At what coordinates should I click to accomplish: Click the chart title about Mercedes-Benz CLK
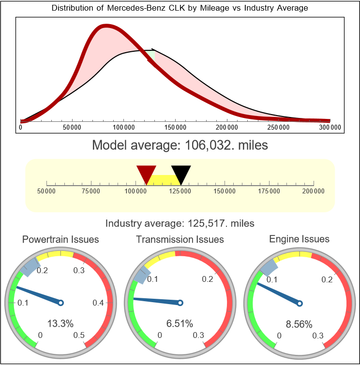click(180, 8)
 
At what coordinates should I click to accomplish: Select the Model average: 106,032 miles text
click(180, 145)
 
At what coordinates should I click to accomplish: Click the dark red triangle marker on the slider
click(146, 174)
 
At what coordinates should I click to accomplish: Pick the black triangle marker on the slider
click(181, 174)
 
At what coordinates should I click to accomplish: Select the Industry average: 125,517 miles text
click(180, 223)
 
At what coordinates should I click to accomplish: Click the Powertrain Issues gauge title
click(61, 239)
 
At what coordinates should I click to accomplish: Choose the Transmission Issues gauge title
click(180, 239)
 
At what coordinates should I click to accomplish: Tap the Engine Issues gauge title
click(299, 239)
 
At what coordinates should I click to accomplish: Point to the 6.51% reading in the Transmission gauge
click(180, 323)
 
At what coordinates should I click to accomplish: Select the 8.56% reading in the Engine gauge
click(299, 323)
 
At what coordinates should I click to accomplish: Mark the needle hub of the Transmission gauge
click(180, 303)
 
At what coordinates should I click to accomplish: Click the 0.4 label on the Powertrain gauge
click(98, 303)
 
